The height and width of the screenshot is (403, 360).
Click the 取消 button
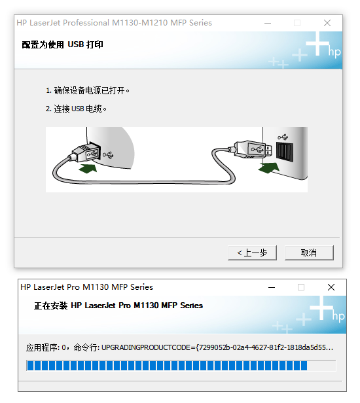point(309,253)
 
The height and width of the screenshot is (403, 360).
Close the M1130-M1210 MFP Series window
point(327,22)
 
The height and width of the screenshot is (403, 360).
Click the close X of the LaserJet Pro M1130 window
point(331,287)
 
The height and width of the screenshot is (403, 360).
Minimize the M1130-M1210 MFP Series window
point(267,22)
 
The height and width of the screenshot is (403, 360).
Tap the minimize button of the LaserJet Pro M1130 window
point(271,287)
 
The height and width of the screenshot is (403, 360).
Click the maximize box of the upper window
point(297,22)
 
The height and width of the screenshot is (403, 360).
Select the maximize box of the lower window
point(301,287)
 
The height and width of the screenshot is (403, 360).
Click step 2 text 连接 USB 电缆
point(76,108)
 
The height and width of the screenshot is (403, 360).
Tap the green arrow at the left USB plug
point(90,169)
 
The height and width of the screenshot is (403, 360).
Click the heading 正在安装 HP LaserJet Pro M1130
point(118,306)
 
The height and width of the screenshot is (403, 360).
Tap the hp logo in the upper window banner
point(334,52)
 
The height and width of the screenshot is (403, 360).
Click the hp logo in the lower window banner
point(338,317)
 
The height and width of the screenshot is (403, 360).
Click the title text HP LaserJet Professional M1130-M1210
point(114,22)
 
